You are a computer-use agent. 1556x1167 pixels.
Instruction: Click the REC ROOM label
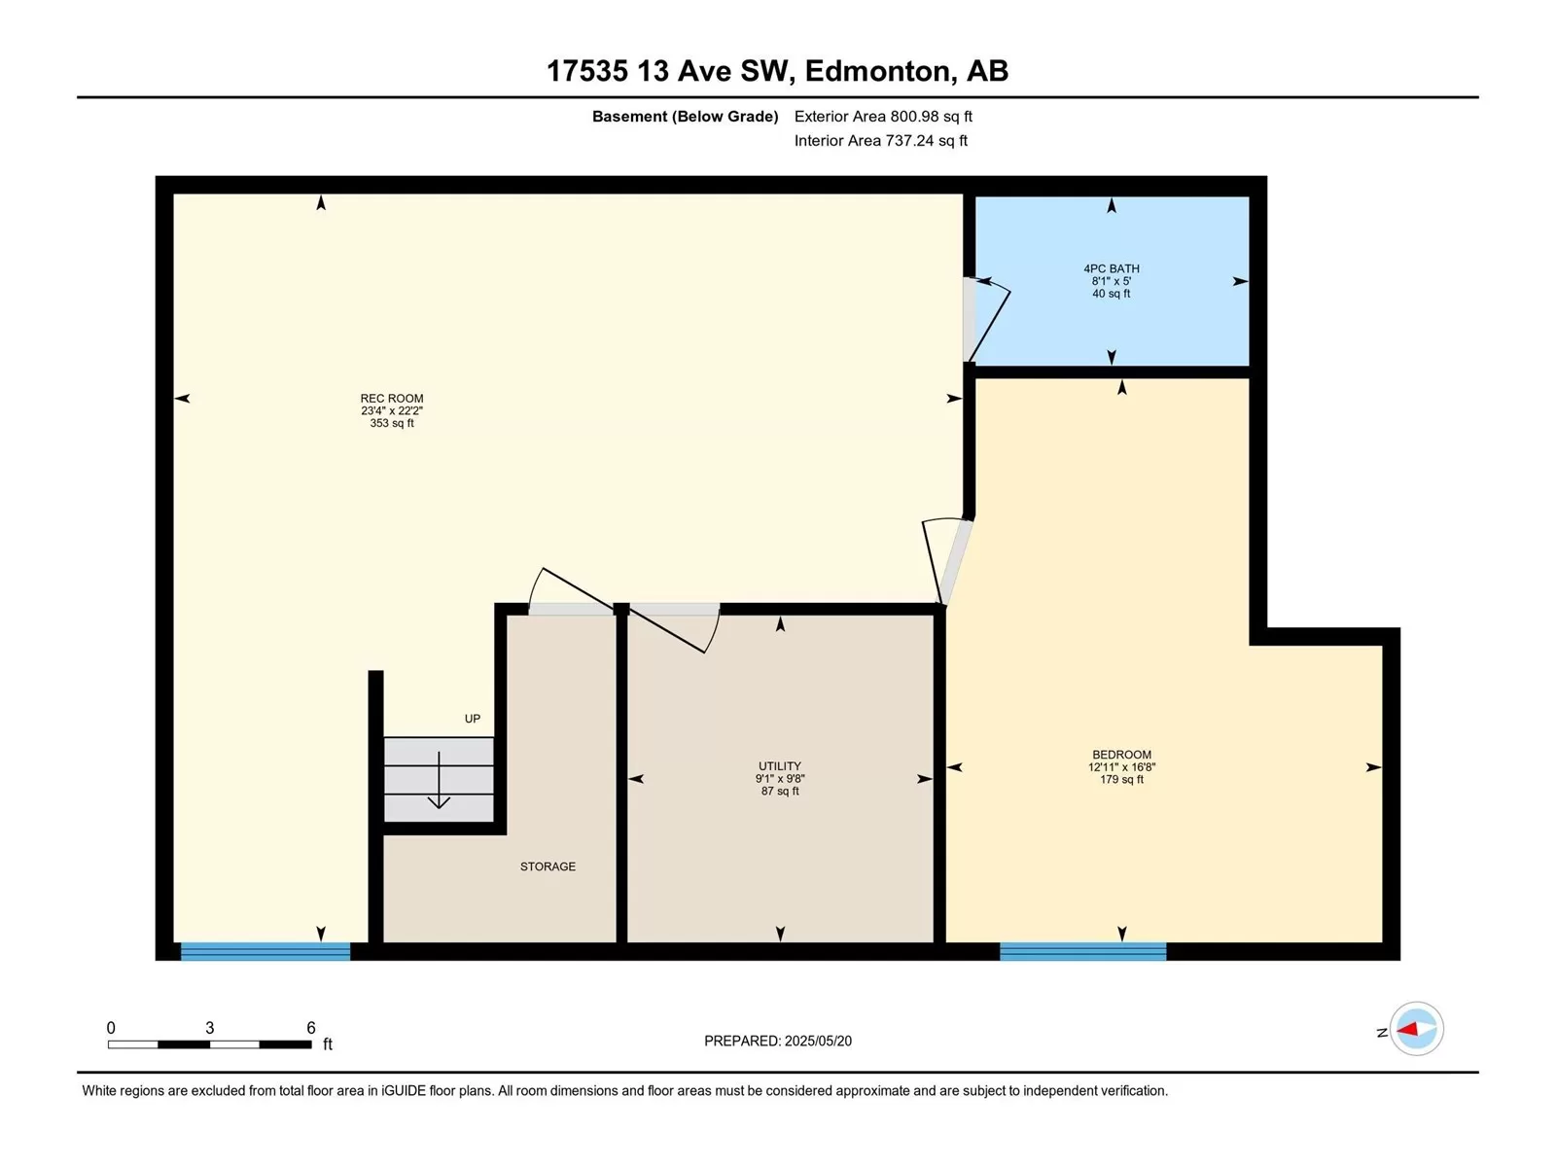point(391,398)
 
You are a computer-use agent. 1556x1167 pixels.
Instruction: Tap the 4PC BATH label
point(1111,268)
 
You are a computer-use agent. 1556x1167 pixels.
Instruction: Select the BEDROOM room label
point(1121,755)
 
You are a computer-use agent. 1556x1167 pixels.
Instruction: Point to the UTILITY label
point(780,766)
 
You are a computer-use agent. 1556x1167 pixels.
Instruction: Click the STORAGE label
point(548,866)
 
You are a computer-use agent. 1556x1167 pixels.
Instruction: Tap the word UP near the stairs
point(472,719)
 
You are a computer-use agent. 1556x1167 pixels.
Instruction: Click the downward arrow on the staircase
point(439,779)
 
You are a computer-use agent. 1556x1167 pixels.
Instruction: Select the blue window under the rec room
point(265,951)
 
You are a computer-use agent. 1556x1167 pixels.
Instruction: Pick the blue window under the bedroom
point(1082,951)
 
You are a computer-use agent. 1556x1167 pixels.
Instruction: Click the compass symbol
point(1416,1029)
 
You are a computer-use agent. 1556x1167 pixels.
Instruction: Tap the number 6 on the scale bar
point(310,1027)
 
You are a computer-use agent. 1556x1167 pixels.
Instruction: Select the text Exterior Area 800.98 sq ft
point(883,116)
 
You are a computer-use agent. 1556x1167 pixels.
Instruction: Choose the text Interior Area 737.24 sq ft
point(880,140)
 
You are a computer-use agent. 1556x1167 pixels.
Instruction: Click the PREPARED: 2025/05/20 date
point(778,1041)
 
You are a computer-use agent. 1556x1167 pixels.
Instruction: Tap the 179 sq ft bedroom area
point(1121,779)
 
